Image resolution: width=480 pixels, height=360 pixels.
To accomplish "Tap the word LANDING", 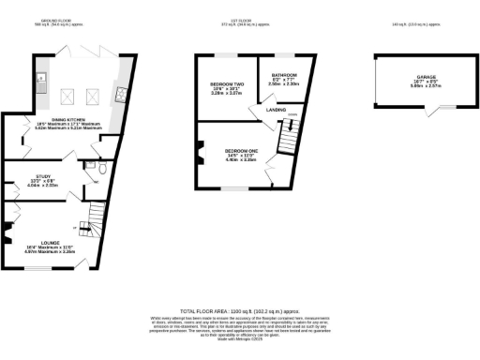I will coord(277,111).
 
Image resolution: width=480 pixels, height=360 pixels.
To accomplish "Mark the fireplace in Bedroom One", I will coord(201,147).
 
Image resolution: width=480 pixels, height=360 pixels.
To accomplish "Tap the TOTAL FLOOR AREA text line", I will coord(239,309).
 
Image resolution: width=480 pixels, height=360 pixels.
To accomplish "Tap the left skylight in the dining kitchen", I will coord(69,95).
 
